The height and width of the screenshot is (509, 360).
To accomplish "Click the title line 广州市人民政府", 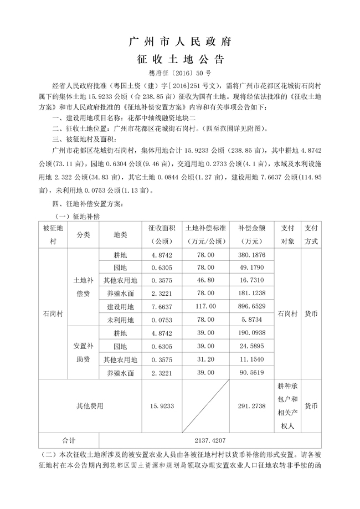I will pyautogui.click(x=179, y=42).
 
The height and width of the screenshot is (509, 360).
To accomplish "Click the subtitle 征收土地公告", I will pyautogui.click(x=179, y=59).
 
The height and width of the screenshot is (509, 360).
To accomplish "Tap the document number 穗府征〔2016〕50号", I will pyautogui.click(x=179, y=73).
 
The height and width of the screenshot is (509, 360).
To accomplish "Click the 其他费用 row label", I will pyautogui.click(x=90, y=406).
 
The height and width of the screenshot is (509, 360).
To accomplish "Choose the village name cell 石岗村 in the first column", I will pyautogui.click(x=53, y=313).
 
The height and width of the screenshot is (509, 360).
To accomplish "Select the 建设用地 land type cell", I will pyautogui.click(x=120, y=306).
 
